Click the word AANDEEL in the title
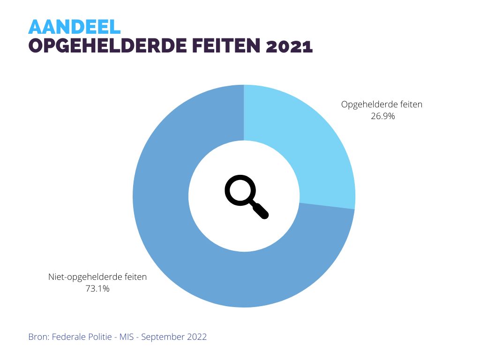click(x=75, y=27)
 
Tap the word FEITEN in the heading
click(x=220, y=47)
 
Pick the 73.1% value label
click(x=97, y=289)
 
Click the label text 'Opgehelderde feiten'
click(x=382, y=105)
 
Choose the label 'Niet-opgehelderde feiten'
click(x=97, y=277)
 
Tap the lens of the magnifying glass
click(x=240, y=190)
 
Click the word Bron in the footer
click(x=38, y=337)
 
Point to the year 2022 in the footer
click(x=196, y=337)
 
